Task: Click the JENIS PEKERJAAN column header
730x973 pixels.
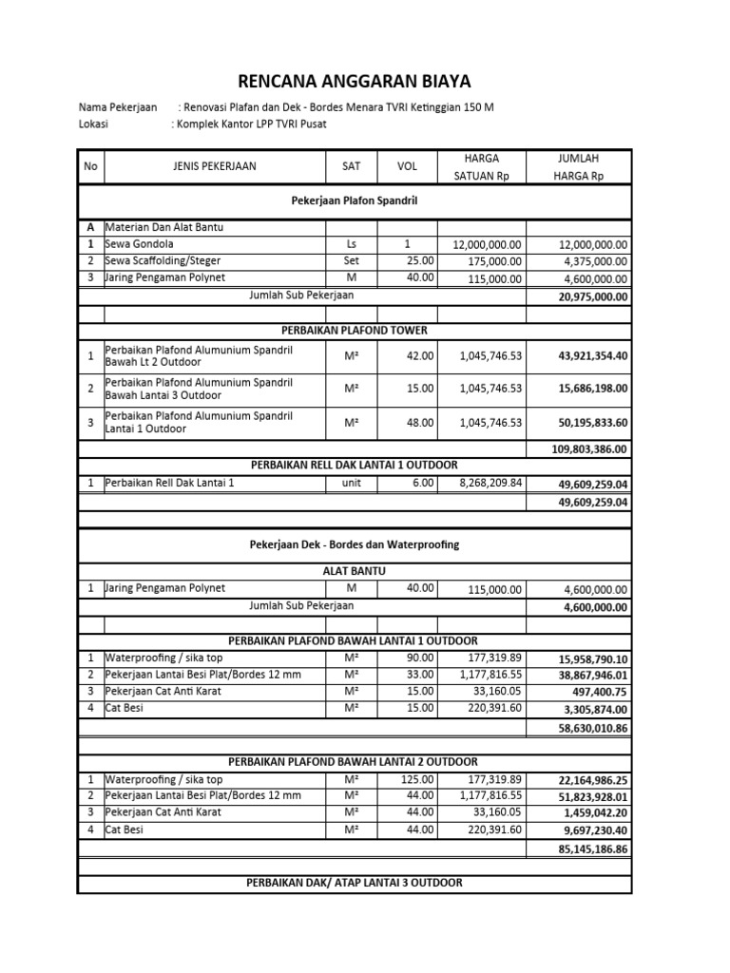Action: pos(214,166)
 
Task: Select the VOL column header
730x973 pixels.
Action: pos(407,166)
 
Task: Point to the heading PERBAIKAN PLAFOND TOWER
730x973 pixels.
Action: pos(354,330)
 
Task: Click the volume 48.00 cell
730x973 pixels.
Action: pos(420,422)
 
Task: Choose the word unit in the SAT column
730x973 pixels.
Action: pos(352,483)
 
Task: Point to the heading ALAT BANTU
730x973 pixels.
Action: pos(354,571)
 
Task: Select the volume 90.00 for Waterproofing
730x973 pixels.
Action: pos(420,658)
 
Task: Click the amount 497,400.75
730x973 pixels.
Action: pos(599,693)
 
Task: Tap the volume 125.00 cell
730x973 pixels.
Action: pos(417,778)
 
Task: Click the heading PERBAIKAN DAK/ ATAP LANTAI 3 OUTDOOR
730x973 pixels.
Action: pos(354,883)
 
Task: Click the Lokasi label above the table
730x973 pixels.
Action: pos(92,124)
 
